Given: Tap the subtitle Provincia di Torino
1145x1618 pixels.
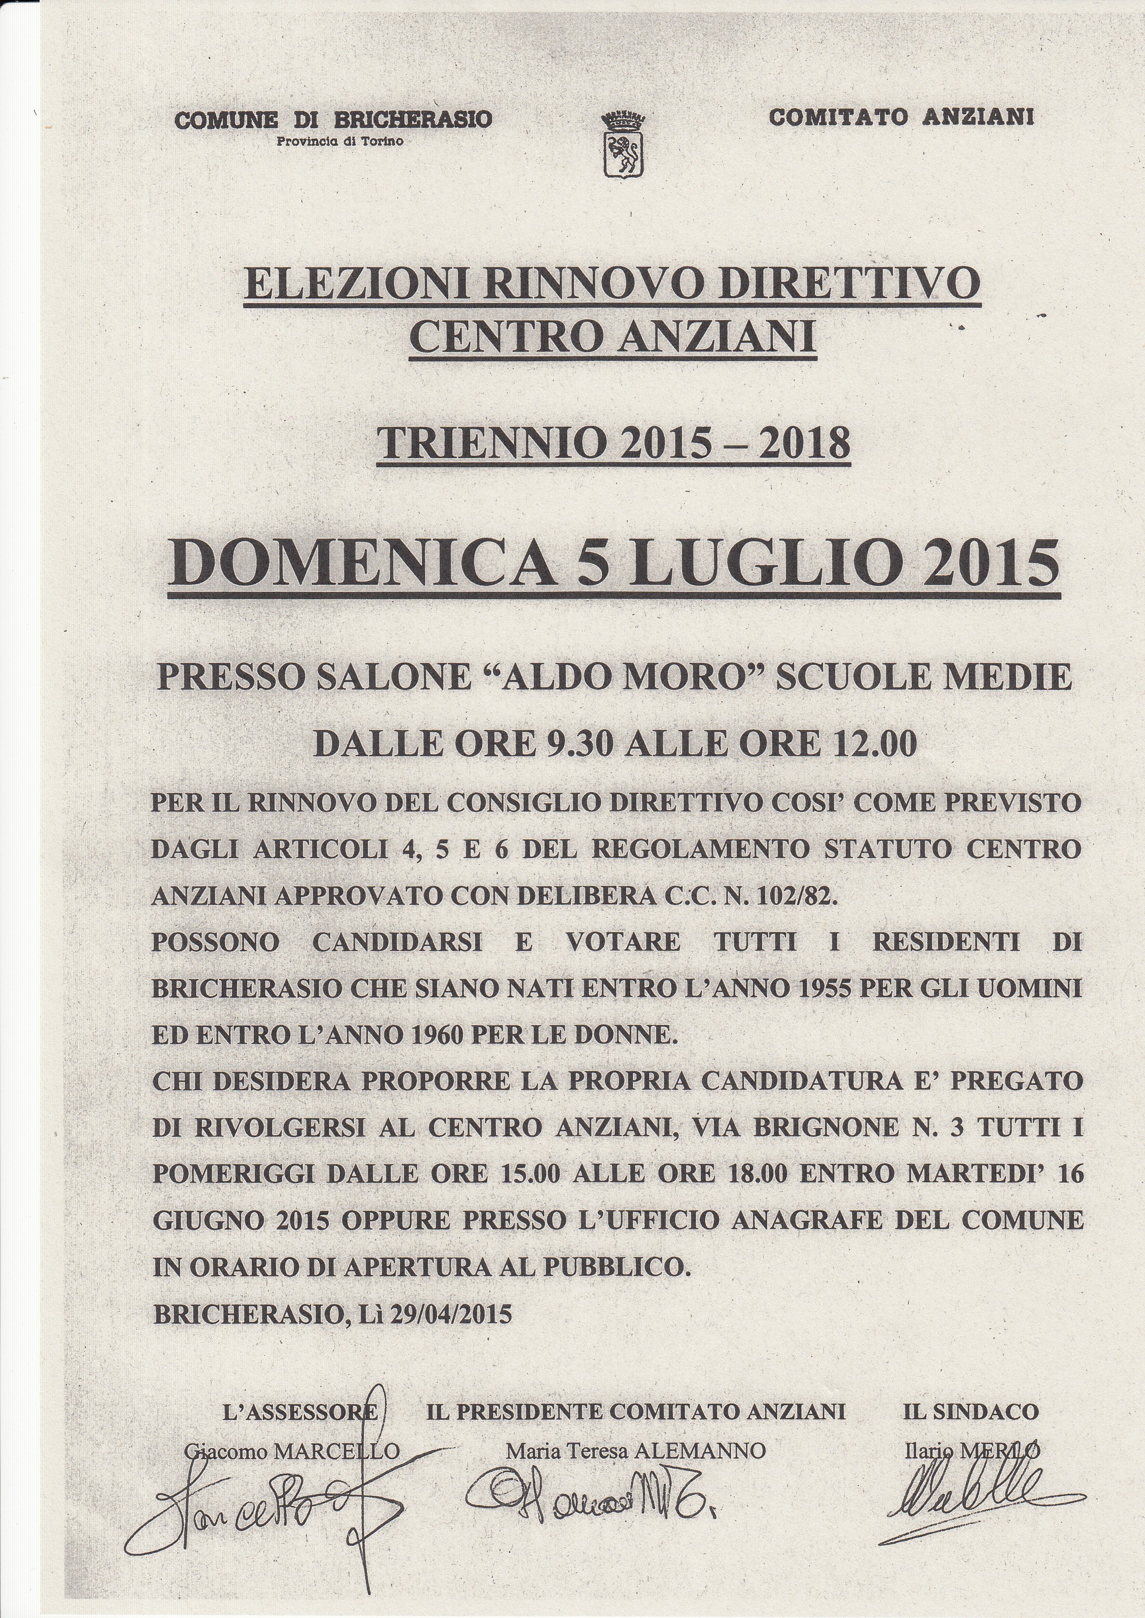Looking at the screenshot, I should coord(340,140).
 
